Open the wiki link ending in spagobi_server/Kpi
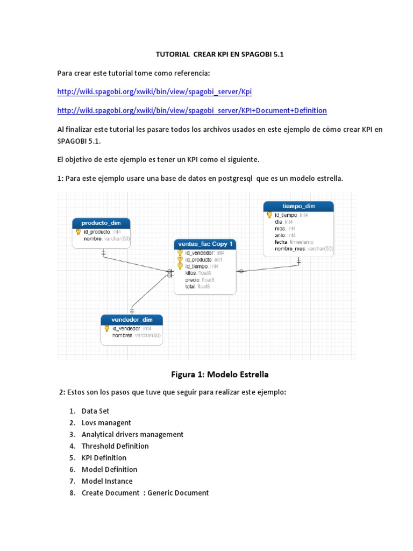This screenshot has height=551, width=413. point(154,92)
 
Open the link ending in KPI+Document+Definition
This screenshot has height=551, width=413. point(191,110)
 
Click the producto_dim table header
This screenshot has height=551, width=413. point(101,223)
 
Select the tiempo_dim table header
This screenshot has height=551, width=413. point(298,206)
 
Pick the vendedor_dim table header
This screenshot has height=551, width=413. point(132,320)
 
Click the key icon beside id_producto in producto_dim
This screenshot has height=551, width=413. point(78,232)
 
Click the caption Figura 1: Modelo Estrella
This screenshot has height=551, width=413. point(219,374)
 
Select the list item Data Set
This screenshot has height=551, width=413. point(95,411)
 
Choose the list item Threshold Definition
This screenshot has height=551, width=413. point(115,446)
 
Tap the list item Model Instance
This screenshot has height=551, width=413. point(107,481)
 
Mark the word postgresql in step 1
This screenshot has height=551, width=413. point(239,178)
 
